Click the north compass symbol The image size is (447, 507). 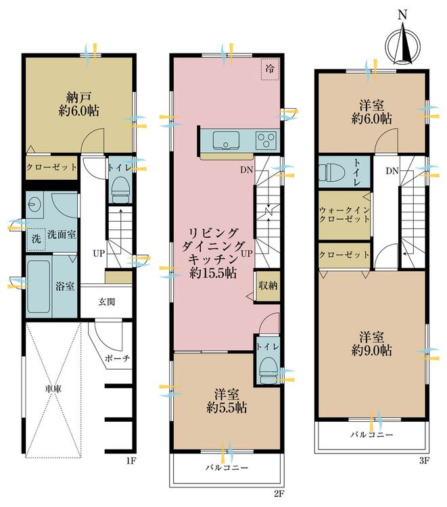tap(402, 42)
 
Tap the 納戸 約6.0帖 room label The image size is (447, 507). tap(79, 104)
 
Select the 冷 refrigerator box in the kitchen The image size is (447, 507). tap(270, 69)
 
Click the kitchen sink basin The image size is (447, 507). tap(226, 141)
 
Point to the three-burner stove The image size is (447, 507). tap(266, 141)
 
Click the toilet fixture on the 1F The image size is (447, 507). tap(120, 191)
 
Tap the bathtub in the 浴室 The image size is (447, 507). tap(39, 286)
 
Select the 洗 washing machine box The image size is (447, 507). tap(37, 239)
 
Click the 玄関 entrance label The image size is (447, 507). tap(106, 302)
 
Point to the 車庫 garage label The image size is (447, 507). tap(53, 389)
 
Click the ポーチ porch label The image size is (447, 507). tap(118, 358)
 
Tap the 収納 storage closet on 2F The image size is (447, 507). tap(268, 285)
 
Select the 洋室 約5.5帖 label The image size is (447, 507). tap(227, 401)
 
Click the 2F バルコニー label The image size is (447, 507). tap(227, 468)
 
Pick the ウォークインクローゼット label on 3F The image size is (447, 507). tap(344, 215)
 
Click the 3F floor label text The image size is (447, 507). tap(424, 461)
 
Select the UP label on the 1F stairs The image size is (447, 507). tap(99, 254)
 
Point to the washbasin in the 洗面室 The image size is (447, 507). tap(34, 204)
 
